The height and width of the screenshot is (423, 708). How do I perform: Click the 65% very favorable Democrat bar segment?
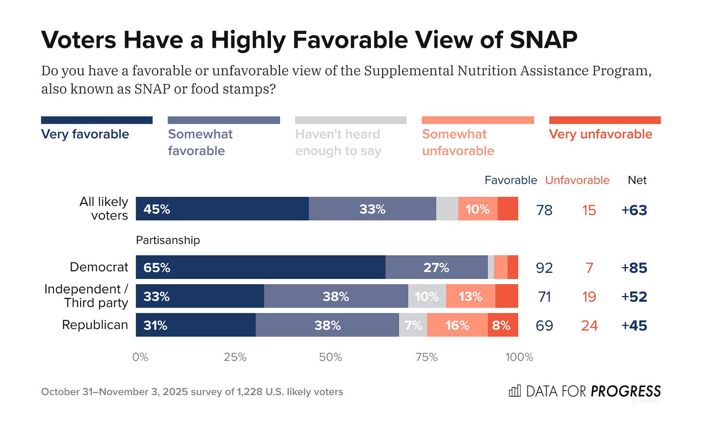[x=261, y=267]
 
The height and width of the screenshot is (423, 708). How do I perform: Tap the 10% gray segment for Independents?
[x=427, y=296]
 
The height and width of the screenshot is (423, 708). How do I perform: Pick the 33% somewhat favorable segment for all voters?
[x=372, y=209]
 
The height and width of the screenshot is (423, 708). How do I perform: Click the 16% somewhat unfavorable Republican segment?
[x=457, y=325]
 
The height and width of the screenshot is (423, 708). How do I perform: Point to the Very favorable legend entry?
[x=85, y=134]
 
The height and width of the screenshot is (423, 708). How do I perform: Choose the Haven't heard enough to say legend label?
[x=338, y=143]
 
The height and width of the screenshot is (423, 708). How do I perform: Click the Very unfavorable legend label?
[x=601, y=134]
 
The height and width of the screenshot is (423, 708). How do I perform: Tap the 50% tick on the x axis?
[x=331, y=357]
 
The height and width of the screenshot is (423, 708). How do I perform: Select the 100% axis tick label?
[x=519, y=357]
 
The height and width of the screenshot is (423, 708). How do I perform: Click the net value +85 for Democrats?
[x=634, y=268]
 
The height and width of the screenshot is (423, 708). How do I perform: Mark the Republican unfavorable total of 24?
[x=589, y=326]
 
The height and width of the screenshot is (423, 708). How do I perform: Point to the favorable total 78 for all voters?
[x=544, y=210]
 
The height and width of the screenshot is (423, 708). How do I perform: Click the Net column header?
[x=637, y=180]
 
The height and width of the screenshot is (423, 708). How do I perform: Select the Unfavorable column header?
[x=577, y=180]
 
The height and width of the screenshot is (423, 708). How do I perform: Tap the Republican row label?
[x=95, y=325]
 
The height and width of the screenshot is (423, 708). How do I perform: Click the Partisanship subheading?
[x=168, y=240]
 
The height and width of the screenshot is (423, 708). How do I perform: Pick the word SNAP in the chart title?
[x=543, y=40]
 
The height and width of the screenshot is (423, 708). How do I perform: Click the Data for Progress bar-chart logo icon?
[x=514, y=391]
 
